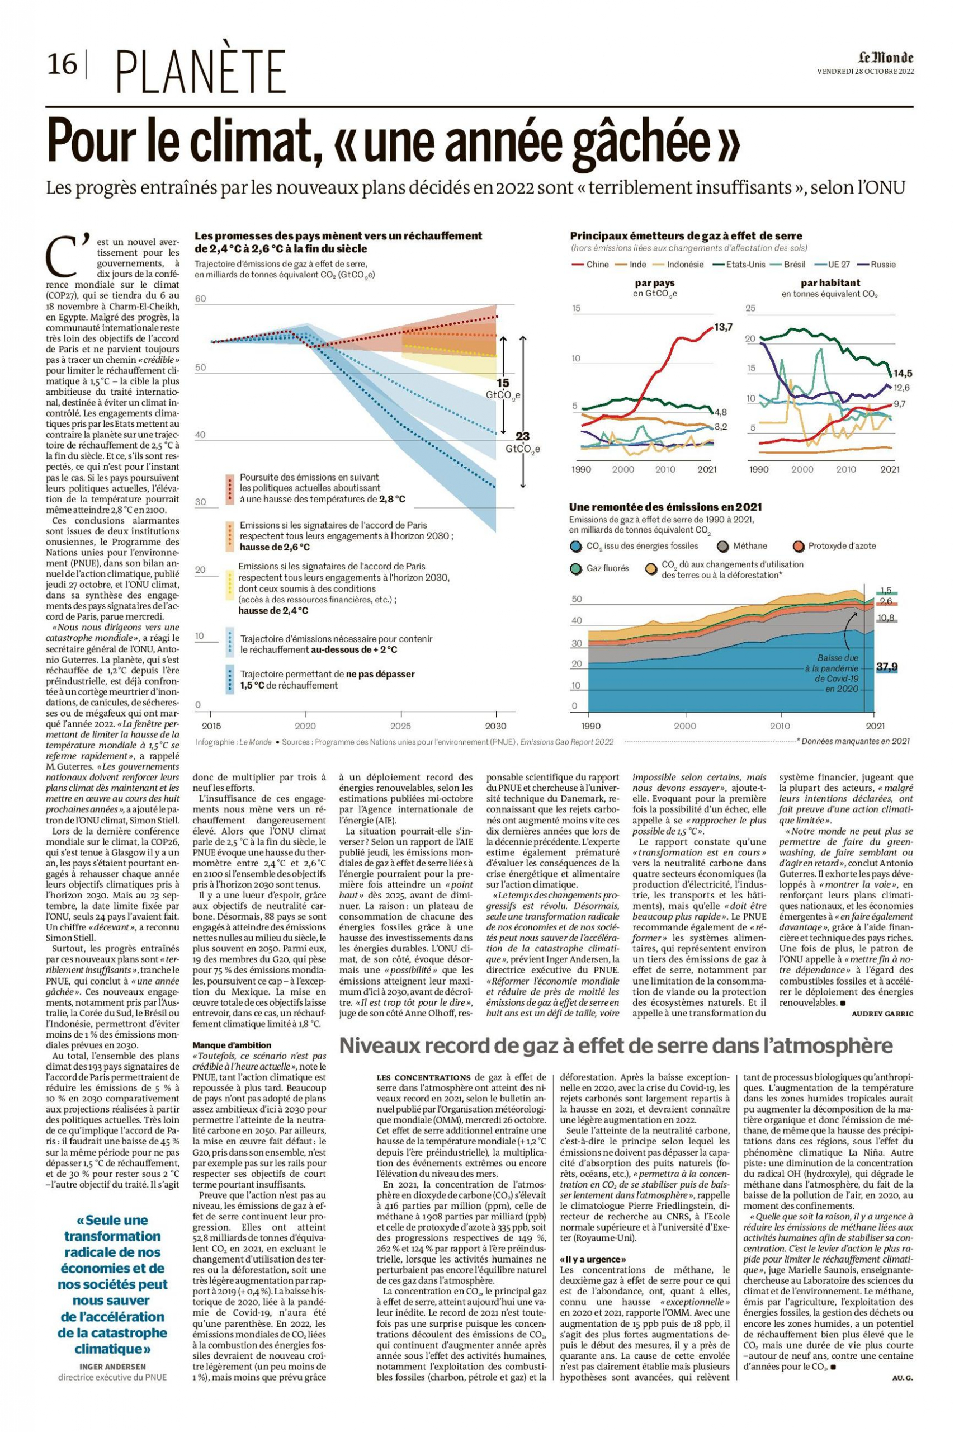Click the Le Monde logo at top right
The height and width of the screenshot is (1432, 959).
[886, 58]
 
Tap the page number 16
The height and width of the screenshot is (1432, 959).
[63, 64]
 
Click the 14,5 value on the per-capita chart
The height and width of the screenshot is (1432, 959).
[902, 373]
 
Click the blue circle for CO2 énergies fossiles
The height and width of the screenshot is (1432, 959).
[575, 547]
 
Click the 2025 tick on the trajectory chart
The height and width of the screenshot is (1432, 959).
[400, 726]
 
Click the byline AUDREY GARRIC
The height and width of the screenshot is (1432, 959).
[882, 1014]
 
